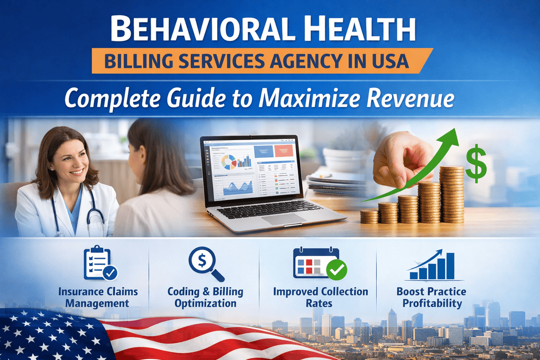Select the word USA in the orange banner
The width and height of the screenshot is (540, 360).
coord(388,61)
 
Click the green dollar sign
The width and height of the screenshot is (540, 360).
coord(475,163)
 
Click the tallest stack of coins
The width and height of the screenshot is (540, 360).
coord(452,194)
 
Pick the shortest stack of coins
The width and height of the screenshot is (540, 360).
coord(369,216)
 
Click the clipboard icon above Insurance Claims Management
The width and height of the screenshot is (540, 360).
coord(100,263)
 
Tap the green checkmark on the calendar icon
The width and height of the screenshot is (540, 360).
coord(336,270)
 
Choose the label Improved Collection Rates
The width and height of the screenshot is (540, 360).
coord(320,297)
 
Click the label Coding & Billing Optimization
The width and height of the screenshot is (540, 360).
coord(205,297)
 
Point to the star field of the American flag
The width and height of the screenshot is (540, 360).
coord(42,333)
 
